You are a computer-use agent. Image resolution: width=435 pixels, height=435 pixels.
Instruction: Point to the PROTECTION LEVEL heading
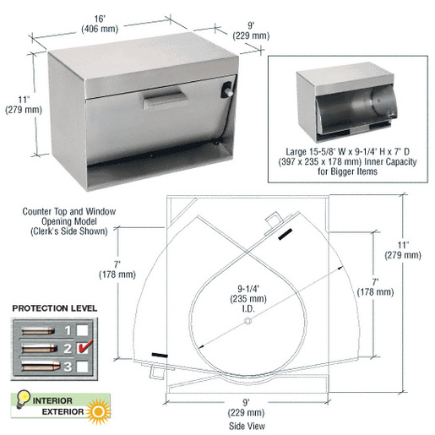pyautogui.click(x=54, y=307)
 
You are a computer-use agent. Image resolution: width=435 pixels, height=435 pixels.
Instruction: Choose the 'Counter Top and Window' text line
pyautogui.click(x=70, y=212)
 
